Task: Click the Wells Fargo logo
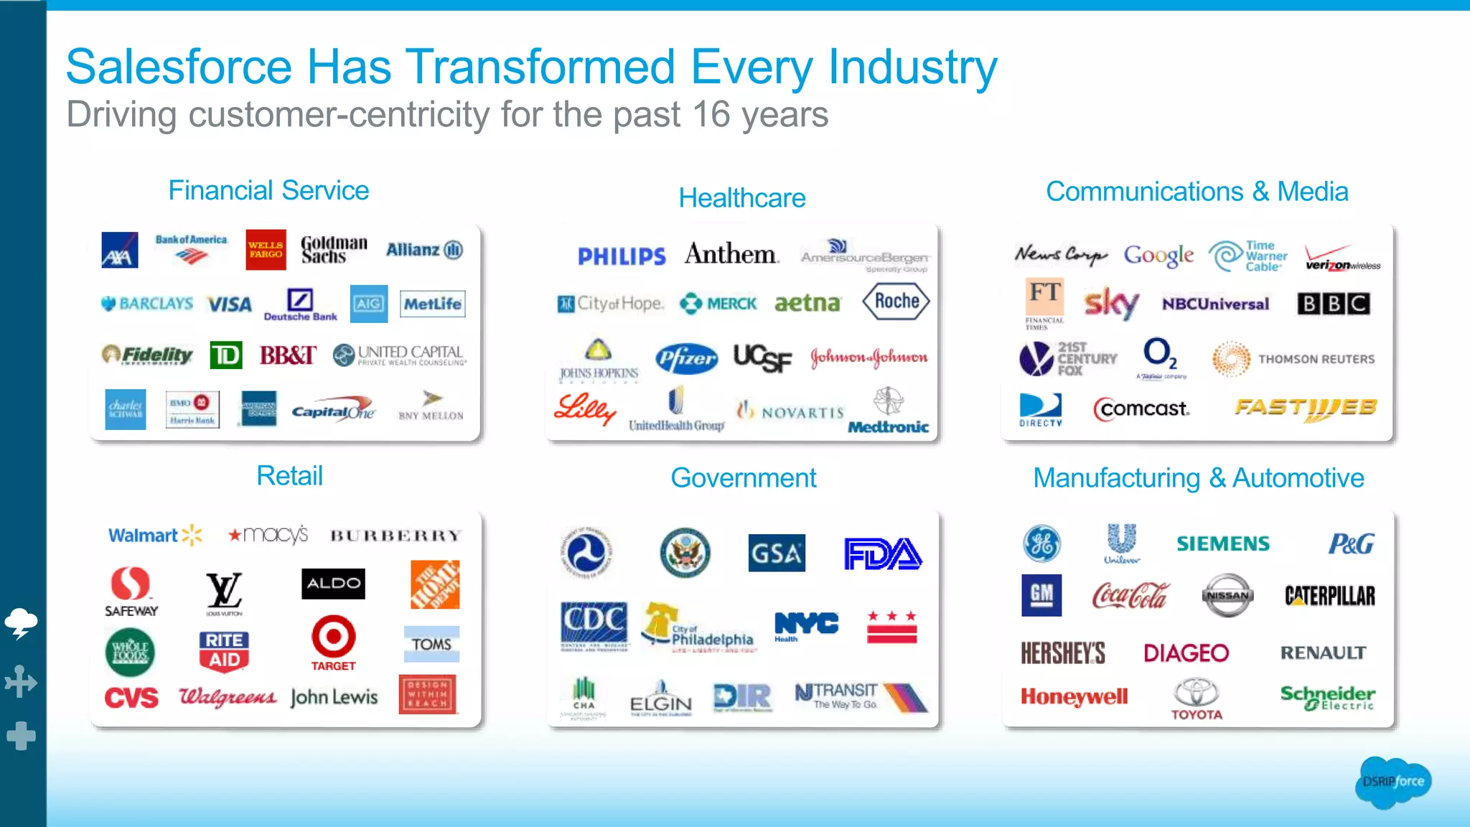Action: [266, 250]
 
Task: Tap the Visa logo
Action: [229, 304]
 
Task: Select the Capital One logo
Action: [332, 410]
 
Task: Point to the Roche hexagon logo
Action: [896, 302]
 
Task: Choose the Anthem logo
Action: [731, 254]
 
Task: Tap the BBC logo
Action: [1333, 304]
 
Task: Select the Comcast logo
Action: [1141, 409]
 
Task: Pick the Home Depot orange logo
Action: [435, 584]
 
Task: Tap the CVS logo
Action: [131, 697]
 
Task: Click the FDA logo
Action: [882, 553]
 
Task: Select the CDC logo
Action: [594, 622]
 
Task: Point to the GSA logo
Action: [776, 553]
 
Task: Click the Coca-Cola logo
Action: [1130, 596]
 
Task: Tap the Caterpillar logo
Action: [1329, 596]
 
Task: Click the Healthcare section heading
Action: [742, 198]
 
